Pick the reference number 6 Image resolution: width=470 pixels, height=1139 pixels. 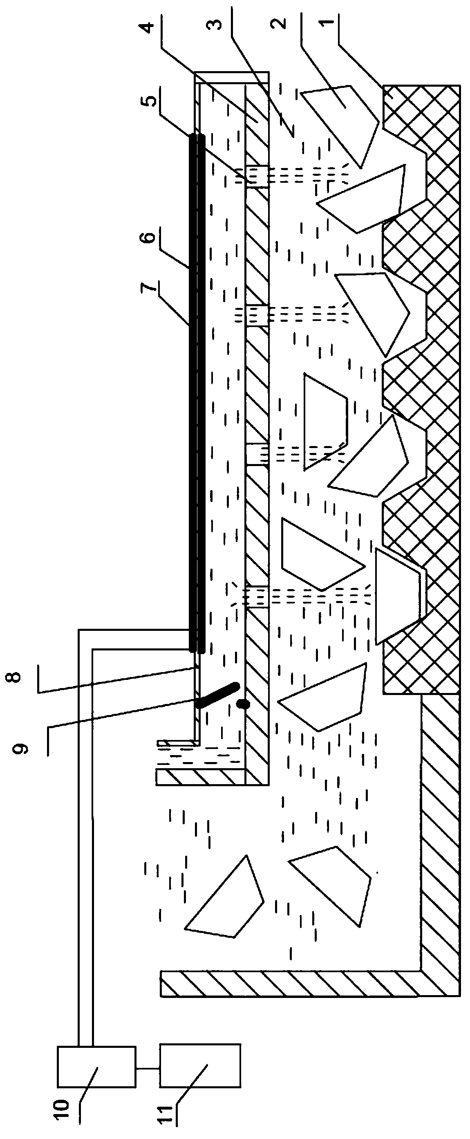tap(150, 237)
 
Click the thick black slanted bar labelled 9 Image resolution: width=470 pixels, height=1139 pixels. tap(217, 695)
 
